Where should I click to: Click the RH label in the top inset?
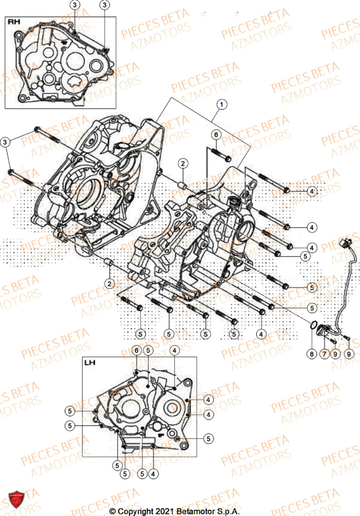[13, 22]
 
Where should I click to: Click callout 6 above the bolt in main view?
[217, 134]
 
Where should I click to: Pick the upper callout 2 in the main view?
[183, 164]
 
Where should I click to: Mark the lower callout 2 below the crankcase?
[109, 283]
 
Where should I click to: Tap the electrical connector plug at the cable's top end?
[343, 243]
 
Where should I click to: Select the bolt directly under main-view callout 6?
[220, 154]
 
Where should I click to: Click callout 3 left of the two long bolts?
[6, 141]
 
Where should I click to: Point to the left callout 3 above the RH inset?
[75, 5]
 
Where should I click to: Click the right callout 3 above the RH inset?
[105, 5]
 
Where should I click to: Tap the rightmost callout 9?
[349, 354]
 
